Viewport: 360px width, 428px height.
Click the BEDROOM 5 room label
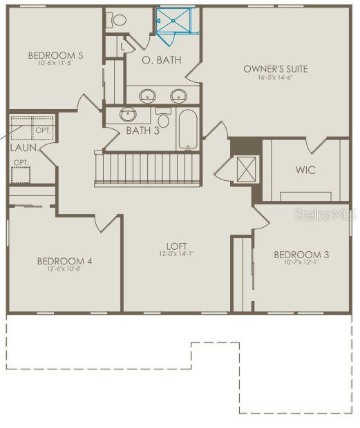point(55,55)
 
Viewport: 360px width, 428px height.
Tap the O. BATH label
point(162,60)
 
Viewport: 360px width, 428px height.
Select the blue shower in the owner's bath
point(177,21)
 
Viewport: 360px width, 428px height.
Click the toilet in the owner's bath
point(119,21)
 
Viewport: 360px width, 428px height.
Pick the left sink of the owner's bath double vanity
point(147,95)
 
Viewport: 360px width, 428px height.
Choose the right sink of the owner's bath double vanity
point(179,95)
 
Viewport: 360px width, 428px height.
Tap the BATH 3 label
point(143,130)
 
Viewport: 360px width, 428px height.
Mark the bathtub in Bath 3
point(188,130)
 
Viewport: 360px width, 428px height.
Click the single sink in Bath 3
point(128,115)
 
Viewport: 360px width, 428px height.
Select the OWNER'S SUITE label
point(275,69)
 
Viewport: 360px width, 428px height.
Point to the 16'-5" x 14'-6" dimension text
point(275,78)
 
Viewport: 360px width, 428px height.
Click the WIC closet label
point(305,170)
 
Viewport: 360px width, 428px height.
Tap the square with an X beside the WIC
point(245,169)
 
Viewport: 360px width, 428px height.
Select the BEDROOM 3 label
point(301,254)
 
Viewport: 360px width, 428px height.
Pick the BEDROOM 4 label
point(64,261)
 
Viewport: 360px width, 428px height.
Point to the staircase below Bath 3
point(147,169)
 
